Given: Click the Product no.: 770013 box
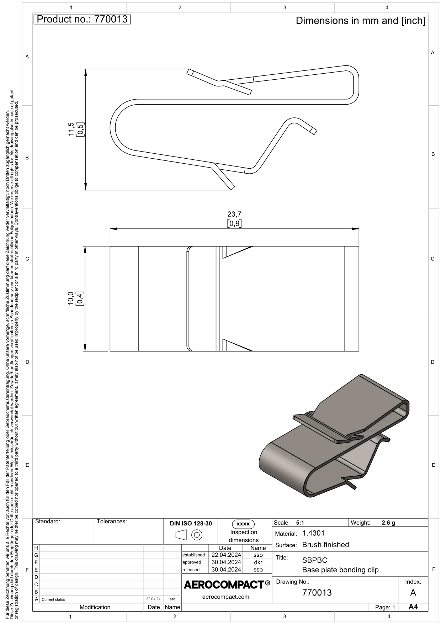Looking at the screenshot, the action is (x=82, y=19).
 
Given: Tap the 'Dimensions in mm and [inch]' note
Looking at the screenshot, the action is (x=360, y=21).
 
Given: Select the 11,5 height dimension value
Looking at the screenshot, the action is (x=71, y=129).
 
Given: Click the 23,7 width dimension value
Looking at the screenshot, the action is (x=234, y=214).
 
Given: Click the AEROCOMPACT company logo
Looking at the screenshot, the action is (x=227, y=585).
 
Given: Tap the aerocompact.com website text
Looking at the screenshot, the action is (x=225, y=597).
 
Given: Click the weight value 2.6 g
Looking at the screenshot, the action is (x=388, y=523).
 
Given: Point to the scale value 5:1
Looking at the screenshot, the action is (x=300, y=523).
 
